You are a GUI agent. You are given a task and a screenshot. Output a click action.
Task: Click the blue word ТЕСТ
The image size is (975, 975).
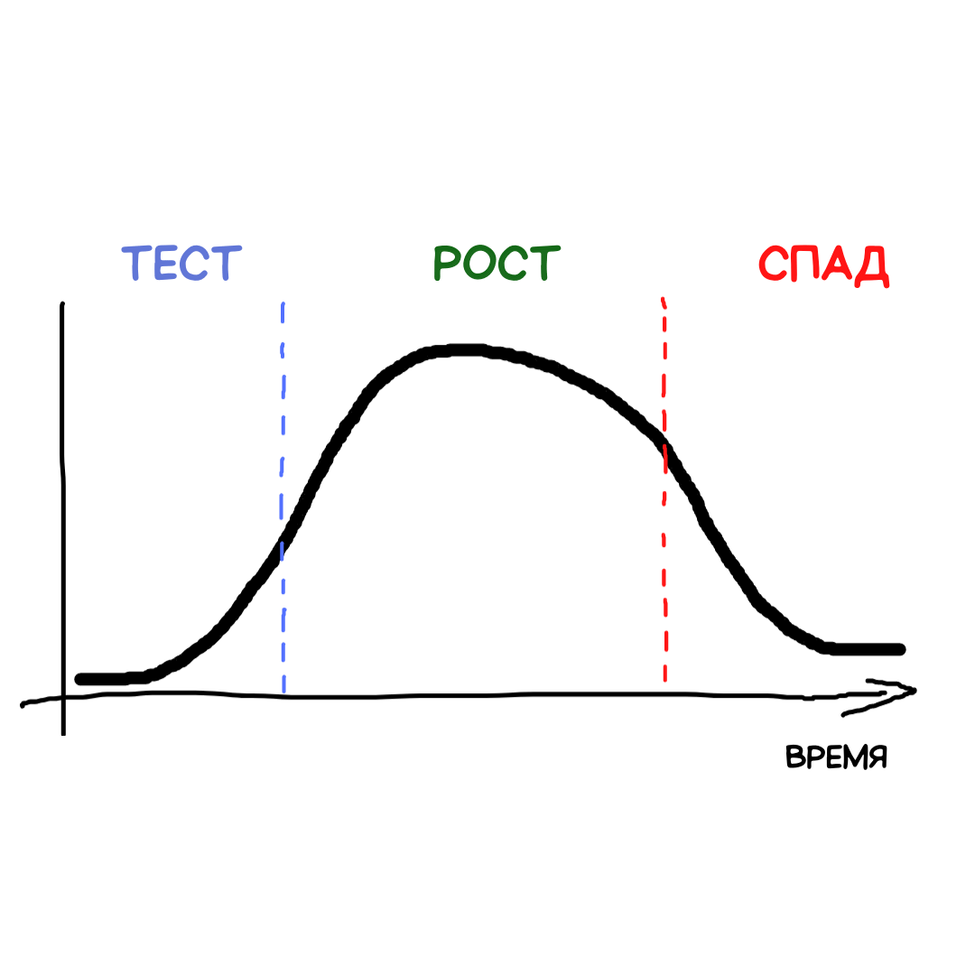tap(181, 264)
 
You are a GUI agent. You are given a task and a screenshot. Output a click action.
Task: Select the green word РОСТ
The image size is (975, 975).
tap(496, 264)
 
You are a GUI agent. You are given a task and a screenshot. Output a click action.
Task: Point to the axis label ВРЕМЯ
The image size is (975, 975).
tap(837, 757)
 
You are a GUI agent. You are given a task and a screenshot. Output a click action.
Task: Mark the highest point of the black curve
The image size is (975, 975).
tap(460, 350)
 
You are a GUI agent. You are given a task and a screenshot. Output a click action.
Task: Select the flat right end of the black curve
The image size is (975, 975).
tap(894, 649)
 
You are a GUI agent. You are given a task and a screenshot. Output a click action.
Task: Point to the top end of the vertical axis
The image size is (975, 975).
tap(61, 305)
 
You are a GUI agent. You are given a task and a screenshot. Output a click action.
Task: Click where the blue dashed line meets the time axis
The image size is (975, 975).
tap(283, 695)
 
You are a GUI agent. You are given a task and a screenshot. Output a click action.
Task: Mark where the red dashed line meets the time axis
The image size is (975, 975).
tap(665, 693)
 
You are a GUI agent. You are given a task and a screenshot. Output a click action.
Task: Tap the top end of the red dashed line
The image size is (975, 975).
tap(664, 299)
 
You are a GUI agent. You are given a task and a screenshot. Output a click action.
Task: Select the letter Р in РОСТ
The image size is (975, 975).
tap(448, 264)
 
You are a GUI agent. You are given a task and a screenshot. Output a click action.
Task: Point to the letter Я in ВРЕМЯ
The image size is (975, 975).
tap(876, 757)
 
